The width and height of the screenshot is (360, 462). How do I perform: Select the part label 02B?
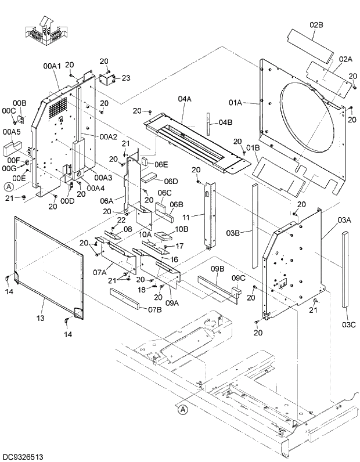coord(316,24)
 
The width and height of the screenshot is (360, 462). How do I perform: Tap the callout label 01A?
coord(235,103)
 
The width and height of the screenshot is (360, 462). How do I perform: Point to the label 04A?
coord(185,99)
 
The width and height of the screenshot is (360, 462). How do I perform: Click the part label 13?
coord(40,318)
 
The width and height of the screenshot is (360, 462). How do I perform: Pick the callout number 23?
coord(126,78)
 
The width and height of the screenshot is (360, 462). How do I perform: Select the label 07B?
coord(154,309)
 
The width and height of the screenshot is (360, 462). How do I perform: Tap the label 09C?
coord(239,278)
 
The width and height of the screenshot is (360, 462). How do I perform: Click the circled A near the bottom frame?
coord(183,410)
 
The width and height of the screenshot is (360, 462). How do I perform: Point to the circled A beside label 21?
coord(9,187)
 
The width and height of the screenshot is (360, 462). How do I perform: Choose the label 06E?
coord(161,164)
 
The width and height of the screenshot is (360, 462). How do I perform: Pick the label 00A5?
coord(11,131)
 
